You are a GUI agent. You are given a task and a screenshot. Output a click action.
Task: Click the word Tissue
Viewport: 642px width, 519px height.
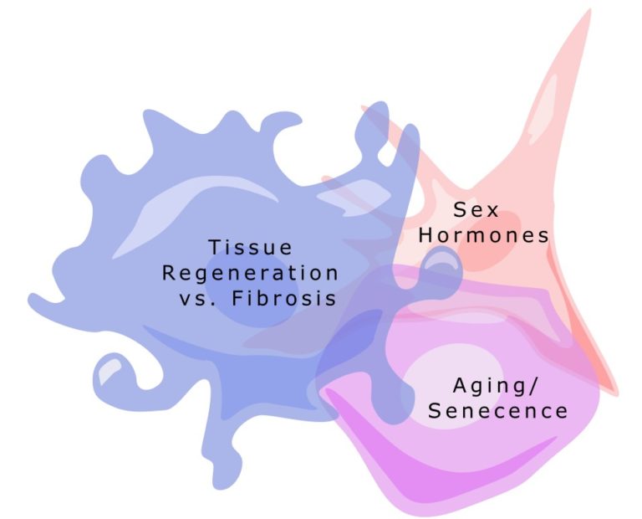point(250,248)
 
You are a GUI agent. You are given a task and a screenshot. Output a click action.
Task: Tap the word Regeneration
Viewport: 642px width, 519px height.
point(250,273)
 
